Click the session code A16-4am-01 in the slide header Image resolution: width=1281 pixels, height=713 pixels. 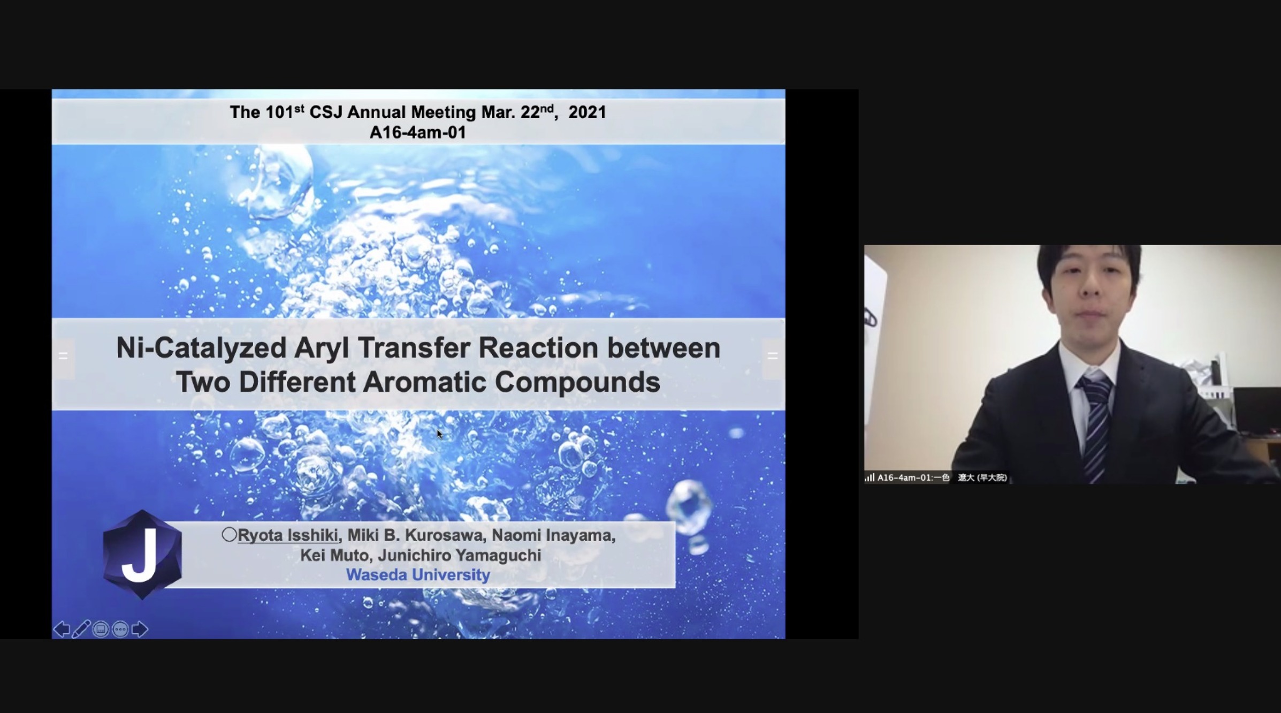point(418,133)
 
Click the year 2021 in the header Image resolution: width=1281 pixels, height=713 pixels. point(587,112)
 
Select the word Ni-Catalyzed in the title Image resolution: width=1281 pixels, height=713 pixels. point(201,348)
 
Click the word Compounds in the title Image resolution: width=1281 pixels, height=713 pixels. point(577,383)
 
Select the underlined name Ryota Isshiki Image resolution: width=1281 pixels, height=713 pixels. point(288,535)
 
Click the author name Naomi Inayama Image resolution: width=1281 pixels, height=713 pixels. point(553,535)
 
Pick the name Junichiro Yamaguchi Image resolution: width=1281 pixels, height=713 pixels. point(460,555)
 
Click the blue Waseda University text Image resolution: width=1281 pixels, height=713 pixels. point(418,575)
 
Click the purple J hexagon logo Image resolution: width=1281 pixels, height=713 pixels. point(142,555)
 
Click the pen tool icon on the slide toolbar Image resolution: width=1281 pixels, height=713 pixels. point(81,629)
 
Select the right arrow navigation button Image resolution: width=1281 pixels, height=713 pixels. point(139,629)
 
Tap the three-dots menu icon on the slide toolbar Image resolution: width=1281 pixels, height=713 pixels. point(120,629)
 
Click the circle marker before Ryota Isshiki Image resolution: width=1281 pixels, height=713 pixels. point(229,534)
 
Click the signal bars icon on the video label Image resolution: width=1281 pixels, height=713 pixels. point(870,477)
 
